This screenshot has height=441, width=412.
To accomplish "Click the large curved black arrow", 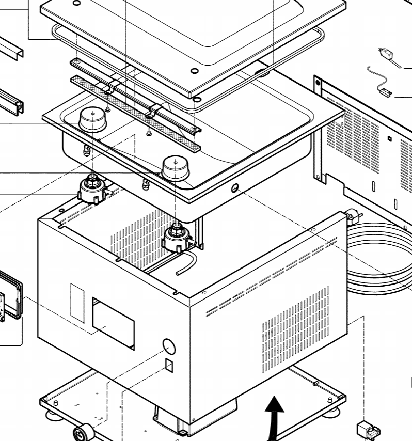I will [274, 414].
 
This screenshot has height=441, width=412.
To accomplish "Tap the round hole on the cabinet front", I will [168, 345].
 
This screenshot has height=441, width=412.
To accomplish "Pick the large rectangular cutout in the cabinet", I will [113, 323].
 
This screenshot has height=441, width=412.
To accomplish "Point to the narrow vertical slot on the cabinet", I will [77, 303].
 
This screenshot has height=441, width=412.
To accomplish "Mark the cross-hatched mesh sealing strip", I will [135, 113].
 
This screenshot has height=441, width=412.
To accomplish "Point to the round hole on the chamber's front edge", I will [235, 188].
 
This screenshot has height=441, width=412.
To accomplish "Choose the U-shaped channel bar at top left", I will [11, 50].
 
